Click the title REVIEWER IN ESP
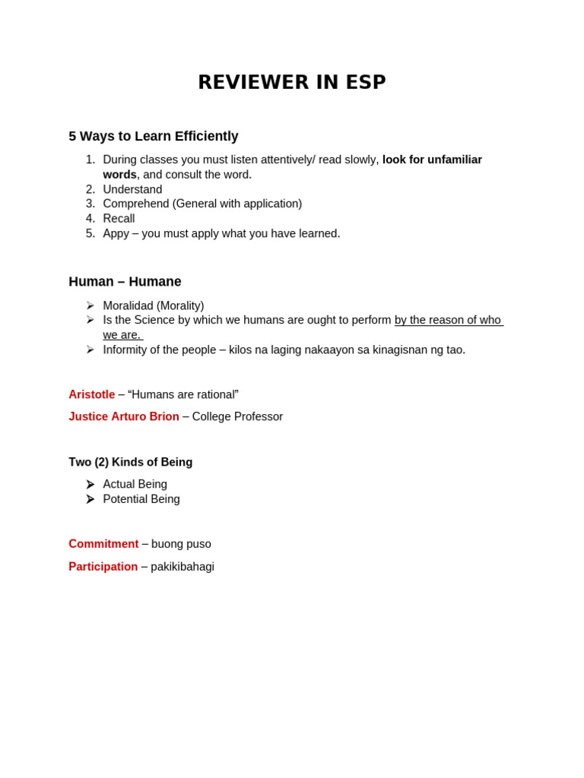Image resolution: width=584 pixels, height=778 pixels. coord(292,82)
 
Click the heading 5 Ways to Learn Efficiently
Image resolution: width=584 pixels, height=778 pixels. coord(153,136)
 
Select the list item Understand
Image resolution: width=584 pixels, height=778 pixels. coord(132,189)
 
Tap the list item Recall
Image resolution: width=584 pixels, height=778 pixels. coord(119,219)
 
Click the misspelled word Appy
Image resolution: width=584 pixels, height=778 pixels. coord(116,234)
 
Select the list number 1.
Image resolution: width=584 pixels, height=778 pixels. coord(90,160)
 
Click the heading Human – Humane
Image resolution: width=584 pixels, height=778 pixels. coord(125,282)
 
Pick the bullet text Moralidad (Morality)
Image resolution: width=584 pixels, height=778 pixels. coord(153,305)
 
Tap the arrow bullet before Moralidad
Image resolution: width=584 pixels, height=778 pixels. coord(90,305)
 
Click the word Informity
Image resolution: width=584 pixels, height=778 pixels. coord(126,349)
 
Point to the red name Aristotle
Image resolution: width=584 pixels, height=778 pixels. coord(91,394)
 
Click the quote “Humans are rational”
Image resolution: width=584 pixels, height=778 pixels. coord(182,394)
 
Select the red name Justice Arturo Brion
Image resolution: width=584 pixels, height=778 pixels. coord(124,416)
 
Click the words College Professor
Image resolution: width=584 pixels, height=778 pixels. coord(237,416)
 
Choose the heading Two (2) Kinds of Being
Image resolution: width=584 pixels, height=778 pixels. coord(130,462)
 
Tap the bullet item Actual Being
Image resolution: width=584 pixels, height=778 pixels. coord(135,484)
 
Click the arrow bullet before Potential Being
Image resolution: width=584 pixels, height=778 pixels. coord(90,499)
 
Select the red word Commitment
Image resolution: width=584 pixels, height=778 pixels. coord(103,544)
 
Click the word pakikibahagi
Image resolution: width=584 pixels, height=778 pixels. coord(182,567)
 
